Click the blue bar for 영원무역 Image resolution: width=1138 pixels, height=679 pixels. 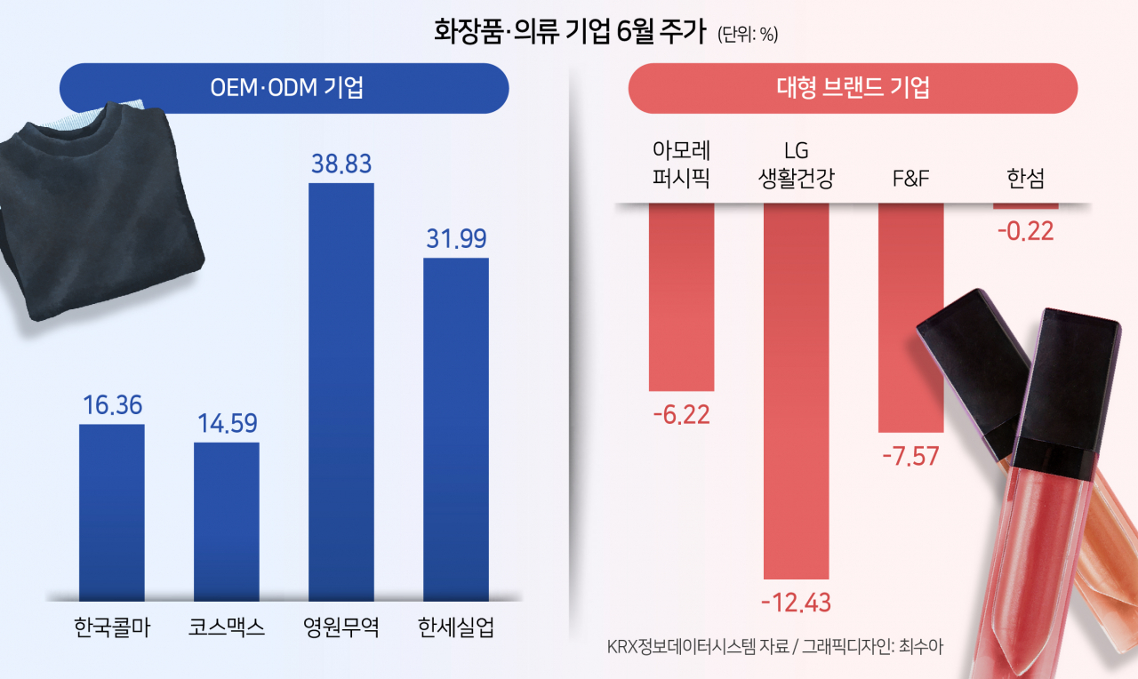coord(341,391)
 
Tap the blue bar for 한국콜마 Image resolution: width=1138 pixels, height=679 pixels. coord(112,512)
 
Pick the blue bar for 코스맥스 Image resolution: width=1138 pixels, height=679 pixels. coord(227,521)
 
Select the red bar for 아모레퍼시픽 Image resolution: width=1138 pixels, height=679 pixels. coord(681,297)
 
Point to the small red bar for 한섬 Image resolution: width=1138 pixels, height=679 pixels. coord(1025,206)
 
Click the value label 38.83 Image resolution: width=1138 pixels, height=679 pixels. coord(341,164)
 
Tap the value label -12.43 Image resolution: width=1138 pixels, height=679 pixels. coord(796,603)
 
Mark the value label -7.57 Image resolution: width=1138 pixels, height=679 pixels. coord(910,455)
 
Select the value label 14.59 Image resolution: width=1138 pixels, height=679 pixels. coord(227,423)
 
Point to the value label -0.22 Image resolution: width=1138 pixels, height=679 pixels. coord(1025,231)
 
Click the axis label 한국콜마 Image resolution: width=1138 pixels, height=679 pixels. coord(112,628)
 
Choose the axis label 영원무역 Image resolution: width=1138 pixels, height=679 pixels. coord(341,628)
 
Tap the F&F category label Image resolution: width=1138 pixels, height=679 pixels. coord(910,179)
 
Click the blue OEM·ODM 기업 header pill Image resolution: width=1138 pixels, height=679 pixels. coord(284,88)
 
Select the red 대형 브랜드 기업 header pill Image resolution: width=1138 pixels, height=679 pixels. coord(853,88)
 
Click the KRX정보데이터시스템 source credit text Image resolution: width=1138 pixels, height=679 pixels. coord(769,647)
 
